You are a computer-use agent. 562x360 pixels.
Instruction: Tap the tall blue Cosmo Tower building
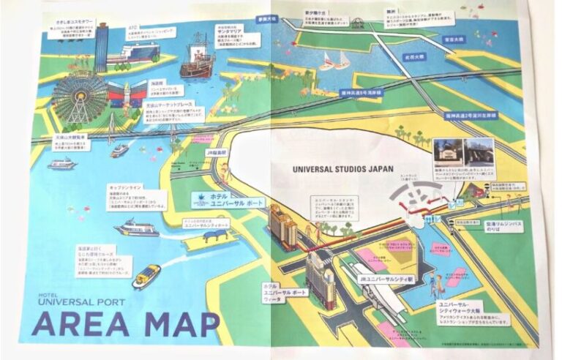[x=102, y=43]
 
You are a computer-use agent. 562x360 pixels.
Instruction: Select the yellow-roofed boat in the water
[x=146, y=275]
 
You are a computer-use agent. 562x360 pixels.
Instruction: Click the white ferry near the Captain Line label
[x=135, y=229]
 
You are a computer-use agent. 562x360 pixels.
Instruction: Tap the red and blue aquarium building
[x=124, y=94]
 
